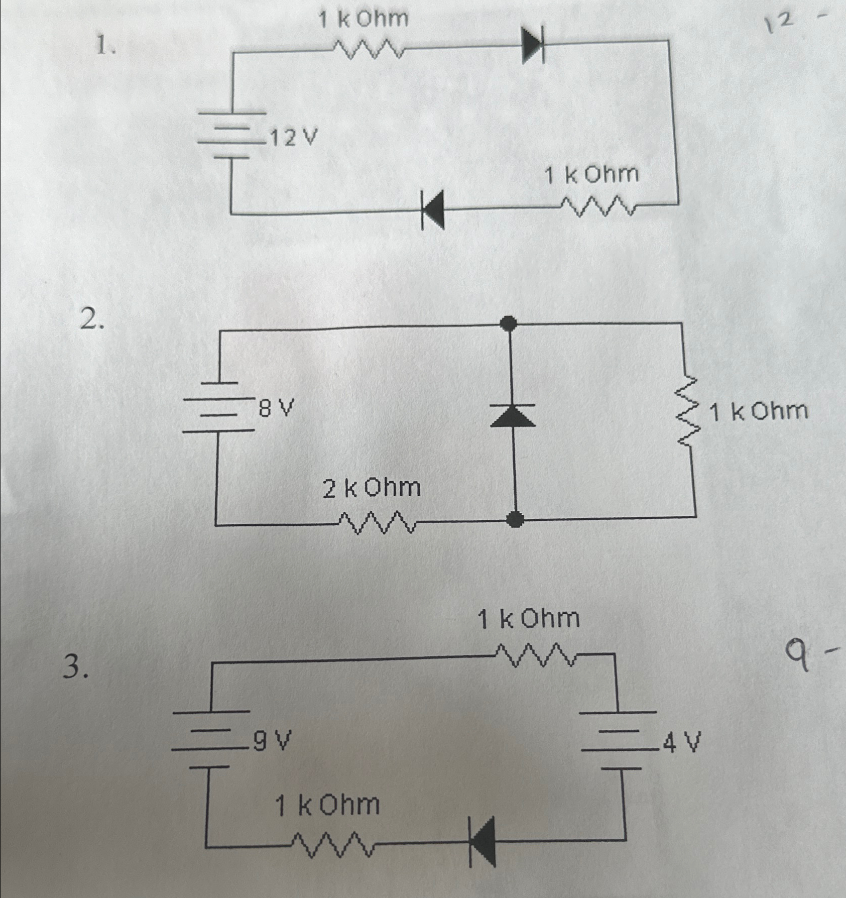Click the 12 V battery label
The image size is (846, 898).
[294, 137]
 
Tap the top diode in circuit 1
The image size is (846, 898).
[533, 46]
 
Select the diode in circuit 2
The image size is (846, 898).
[512, 415]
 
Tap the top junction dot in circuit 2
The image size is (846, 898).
[509, 323]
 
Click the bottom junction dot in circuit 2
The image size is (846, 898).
[514, 519]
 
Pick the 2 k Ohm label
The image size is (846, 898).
[372, 488]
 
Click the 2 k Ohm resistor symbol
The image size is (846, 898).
[378, 523]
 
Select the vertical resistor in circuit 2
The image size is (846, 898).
[689, 411]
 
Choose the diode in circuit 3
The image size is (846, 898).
[482, 842]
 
